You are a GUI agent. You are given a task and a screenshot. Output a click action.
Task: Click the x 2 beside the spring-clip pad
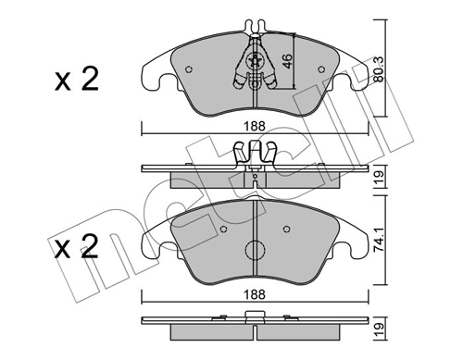tap(77, 81)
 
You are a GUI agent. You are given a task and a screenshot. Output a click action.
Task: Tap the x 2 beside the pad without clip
tap(77, 248)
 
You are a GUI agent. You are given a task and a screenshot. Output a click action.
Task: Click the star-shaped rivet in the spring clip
tap(255, 62)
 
